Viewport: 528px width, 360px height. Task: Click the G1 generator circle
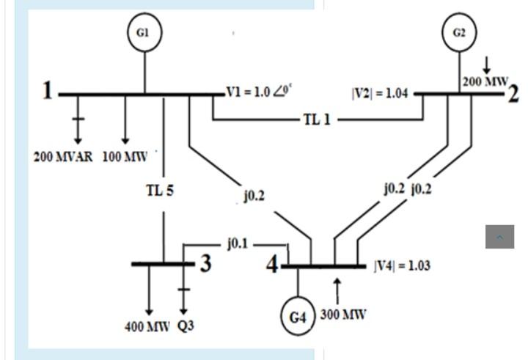(144, 34)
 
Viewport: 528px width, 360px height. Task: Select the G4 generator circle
(298, 317)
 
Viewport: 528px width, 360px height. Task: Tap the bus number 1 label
(48, 91)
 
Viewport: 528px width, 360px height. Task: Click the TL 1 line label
(317, 120)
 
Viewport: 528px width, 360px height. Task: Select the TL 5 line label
(160, 191)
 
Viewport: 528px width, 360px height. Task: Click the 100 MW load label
(125, 157)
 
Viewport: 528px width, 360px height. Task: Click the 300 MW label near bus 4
(343, 315)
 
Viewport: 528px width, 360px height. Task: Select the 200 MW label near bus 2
(485, 82)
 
